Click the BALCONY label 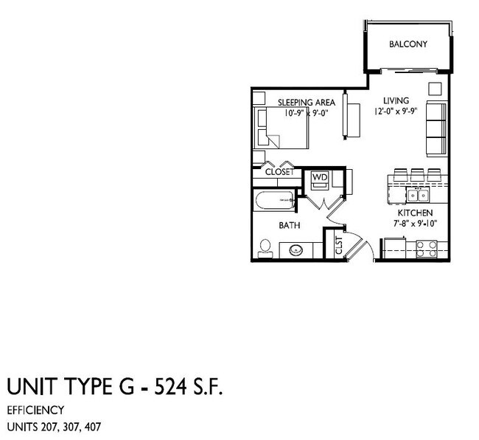(x=408, y=44)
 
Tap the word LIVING (x=396, y=100)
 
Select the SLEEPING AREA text (x=307, y=102)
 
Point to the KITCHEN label (x=404, y=211)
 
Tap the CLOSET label (x=279, y=172)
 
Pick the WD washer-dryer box (x=319, y=178)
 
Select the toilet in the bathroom (x=265, y=247)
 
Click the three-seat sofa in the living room (x=436, y=128)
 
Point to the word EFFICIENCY (x=35, y=410)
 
